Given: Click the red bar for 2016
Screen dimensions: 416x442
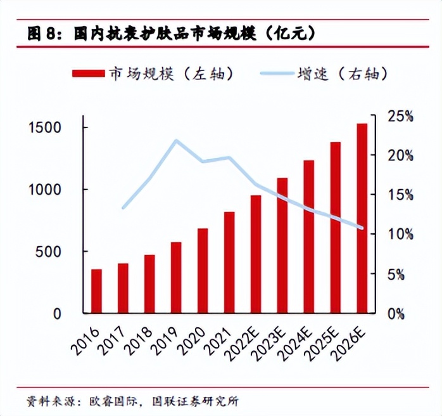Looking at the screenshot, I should (x=96, y=291).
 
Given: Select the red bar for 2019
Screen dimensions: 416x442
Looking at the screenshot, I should (x=175, y=278).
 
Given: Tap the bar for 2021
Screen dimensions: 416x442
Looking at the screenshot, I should (x=229, y=263).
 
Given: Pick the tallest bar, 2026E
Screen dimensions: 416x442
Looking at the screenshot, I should (x=362, y=218).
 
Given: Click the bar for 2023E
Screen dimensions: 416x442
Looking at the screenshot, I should (x=282, y=245).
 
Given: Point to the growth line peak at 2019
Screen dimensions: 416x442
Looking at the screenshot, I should (x=176, y=140).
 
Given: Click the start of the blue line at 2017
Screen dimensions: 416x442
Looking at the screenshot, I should (x=123, y=207).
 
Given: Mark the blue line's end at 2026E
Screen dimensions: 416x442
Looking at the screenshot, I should (x=362, y=228).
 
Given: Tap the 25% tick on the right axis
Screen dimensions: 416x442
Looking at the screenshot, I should (x=400, y=117).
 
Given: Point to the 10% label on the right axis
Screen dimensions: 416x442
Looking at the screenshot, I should (x=400, y=235).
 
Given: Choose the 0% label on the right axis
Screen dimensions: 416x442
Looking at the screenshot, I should (x=396, y=313).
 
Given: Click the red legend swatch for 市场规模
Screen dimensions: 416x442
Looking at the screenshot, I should (x=91, y=74).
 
